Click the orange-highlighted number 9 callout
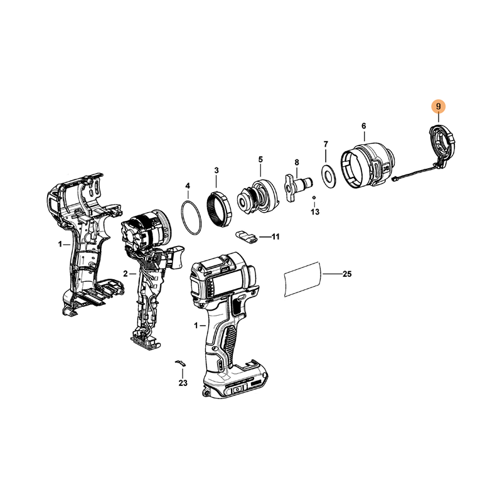click(x=438, y=106)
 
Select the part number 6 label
click(x=364, y=126)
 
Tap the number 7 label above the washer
click(x=326, y=144)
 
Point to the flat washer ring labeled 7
click(x=329, y=176)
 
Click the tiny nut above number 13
click(x=314, y=197)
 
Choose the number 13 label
click(x=315, y=211)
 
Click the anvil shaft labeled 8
click(x=297, y=188)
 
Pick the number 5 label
click(x=260, y=159)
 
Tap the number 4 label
click(x=188, y=186)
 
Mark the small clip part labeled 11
click(x=247, y=237)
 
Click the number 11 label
click(x=275, y=237)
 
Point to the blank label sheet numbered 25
click(x=302, y=279)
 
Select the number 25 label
click(x=347, y=274)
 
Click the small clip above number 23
click(x=181, y=363)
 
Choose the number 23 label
click(x=183, y=383)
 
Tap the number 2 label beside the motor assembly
click(x=125, y=274)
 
